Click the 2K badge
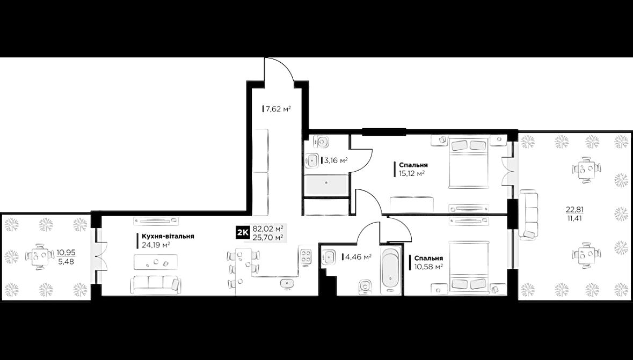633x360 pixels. pos(242,233)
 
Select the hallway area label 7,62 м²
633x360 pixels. pos(278,109)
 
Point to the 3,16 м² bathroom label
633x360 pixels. pos(335,160)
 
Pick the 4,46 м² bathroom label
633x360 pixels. pos(358,257)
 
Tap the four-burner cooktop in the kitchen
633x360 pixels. pos(306,256)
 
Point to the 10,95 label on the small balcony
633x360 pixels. pos(65,252)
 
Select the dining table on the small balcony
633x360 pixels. pos(39,256)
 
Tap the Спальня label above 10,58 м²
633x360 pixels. pos(428,258)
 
